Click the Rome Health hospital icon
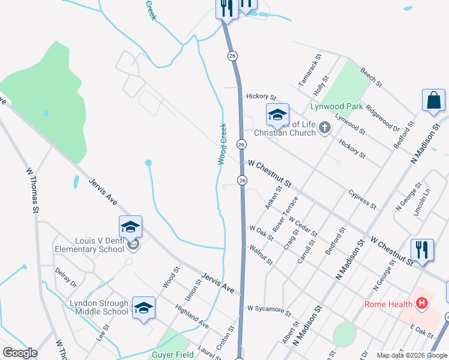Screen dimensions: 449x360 [421, 304]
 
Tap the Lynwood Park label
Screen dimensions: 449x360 [336, 107]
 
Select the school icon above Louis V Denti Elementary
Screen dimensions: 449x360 [130, 227]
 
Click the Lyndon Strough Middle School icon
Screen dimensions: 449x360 [143, 308]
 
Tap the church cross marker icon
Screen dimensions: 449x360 [325, 127]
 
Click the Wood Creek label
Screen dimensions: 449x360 [221, 144]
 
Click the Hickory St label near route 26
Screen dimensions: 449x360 [261, 97]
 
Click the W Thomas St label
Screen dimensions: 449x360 [32, 190]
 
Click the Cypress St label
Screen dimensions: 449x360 [362, 199]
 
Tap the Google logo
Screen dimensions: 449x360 [20, 353]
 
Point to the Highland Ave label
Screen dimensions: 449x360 [191, 316]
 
